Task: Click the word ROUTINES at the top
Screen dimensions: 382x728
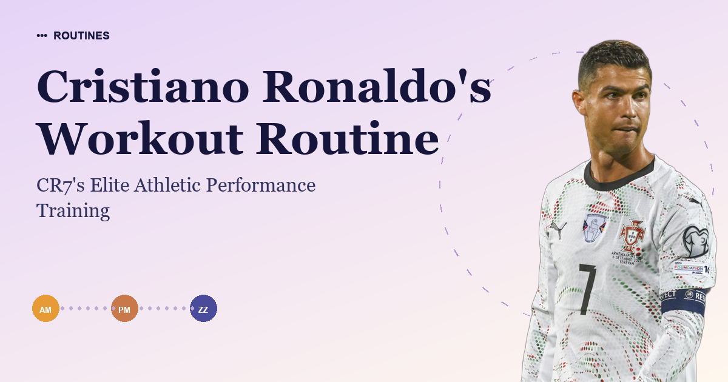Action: pos(81,36)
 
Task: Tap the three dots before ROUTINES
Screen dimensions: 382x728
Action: pos(42,36)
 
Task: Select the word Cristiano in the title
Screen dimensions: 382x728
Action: pos(143,87)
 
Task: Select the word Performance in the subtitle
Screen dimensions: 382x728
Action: pos(261,186)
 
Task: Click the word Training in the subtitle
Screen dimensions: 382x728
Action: pos(73,210)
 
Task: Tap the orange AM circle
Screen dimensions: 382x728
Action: pos(45,309)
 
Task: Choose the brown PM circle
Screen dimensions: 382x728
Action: pos(124,309)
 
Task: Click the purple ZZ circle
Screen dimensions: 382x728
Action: pos(203,309)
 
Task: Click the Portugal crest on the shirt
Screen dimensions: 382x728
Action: pos(632,235)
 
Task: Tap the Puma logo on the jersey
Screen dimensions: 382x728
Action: pos(557,228)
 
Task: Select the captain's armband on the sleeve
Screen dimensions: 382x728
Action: pos(683,300)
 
